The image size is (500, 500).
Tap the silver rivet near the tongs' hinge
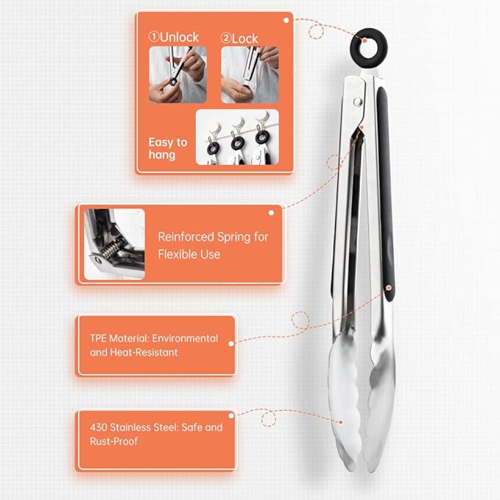(358, 102)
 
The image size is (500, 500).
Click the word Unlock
(179, 38)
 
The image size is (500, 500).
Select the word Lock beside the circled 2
(244, 39)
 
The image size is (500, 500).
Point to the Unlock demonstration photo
(178, 74)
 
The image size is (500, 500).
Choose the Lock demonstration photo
(250, 74)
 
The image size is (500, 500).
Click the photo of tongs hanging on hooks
(237, 137)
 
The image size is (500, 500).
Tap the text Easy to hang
(168, 148)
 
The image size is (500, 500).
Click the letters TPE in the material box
(98, 338)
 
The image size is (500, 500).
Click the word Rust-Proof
(114, 441)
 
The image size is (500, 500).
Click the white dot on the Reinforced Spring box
(271, 213)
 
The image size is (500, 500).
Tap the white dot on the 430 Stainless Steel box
(231, 415)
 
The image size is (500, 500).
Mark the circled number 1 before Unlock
(153, 37)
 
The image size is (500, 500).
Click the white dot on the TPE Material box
(231, 344)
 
